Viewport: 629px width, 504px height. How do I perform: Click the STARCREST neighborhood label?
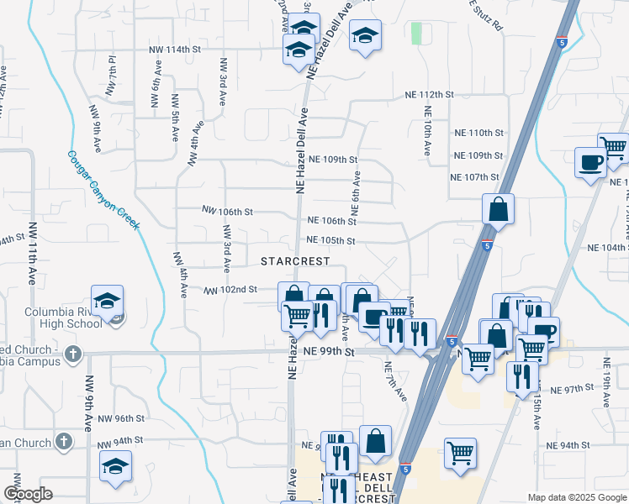(295, 261)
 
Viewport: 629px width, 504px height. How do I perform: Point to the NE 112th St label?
(429, 95)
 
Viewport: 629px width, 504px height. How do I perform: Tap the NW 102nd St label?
(231, 290)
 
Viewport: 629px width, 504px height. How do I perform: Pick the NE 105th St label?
(332, 240)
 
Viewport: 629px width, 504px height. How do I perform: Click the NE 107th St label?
(475, 177)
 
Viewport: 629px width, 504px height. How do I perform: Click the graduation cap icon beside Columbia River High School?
(108, 302)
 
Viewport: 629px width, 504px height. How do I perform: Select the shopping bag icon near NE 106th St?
(498, 210)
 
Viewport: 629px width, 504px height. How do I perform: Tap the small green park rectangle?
(416, 34)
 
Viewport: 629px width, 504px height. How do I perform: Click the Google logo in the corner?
(28, 495)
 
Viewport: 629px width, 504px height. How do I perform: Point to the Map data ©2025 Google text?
(576, 497)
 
